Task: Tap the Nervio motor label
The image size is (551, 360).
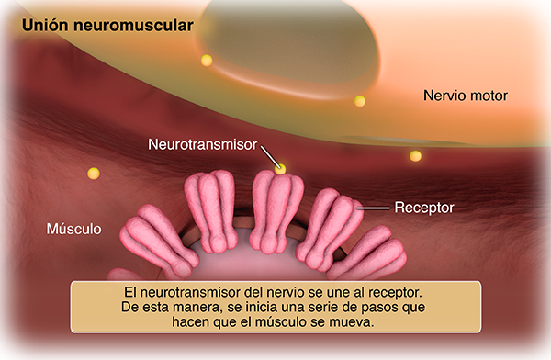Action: point(466,96)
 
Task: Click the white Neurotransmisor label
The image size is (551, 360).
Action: point(203,144)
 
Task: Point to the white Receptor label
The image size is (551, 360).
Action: point(424,208)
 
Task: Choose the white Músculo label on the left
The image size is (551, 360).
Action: point(73,228)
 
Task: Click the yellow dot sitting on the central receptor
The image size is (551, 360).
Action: point(280,169)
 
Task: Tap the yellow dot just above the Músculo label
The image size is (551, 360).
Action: point(92,173)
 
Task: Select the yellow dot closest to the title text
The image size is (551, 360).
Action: point(207,61)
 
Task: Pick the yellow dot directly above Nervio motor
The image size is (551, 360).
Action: point(360,101)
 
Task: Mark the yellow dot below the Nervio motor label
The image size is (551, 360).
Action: point(415,156)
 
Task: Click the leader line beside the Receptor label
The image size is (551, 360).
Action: point(373,208)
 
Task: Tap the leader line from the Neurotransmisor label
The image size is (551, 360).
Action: point(267,153)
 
